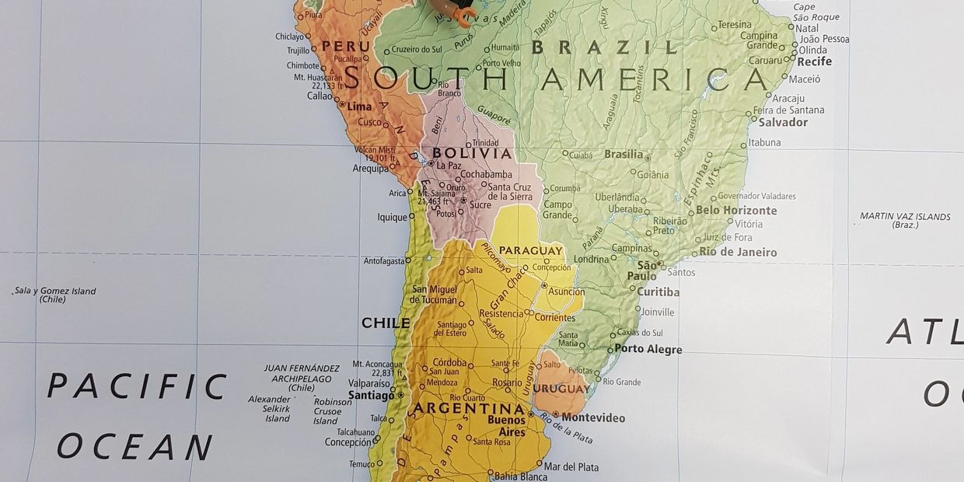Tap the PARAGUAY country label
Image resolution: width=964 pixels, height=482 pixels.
531,250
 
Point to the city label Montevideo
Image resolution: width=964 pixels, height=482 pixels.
592,418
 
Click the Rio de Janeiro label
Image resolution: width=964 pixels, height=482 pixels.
738,252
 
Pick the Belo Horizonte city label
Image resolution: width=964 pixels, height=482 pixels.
735,211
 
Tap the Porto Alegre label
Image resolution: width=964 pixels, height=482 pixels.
648,349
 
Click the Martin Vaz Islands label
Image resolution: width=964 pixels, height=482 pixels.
905,221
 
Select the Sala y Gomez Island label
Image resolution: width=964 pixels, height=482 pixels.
55,295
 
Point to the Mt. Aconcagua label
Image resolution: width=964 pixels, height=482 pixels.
377,368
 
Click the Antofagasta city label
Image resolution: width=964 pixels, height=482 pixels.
383,261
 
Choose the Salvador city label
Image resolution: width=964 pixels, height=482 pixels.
783,122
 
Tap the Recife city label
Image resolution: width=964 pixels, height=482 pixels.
814,61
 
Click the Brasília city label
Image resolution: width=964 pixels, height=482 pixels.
623,154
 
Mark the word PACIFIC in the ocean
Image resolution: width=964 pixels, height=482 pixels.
137,386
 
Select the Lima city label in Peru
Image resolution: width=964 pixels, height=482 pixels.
359,107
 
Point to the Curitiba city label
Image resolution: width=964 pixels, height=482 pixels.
658,292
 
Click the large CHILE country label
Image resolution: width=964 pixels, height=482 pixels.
386,323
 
